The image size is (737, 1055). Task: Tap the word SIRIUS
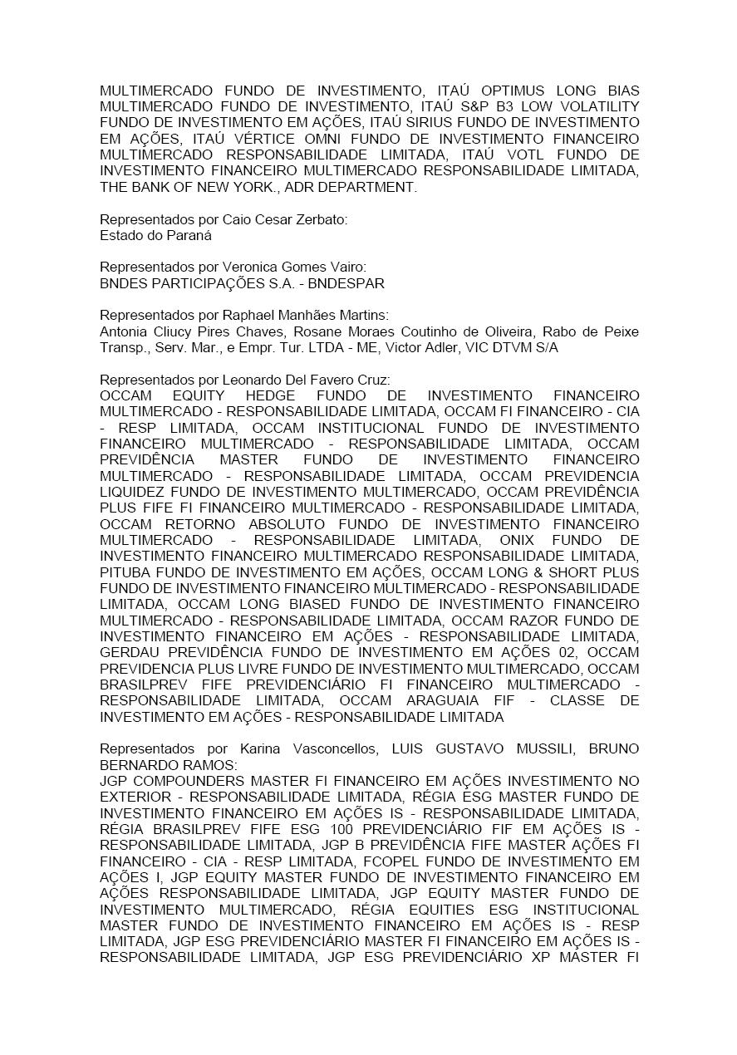tap(417, 123)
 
